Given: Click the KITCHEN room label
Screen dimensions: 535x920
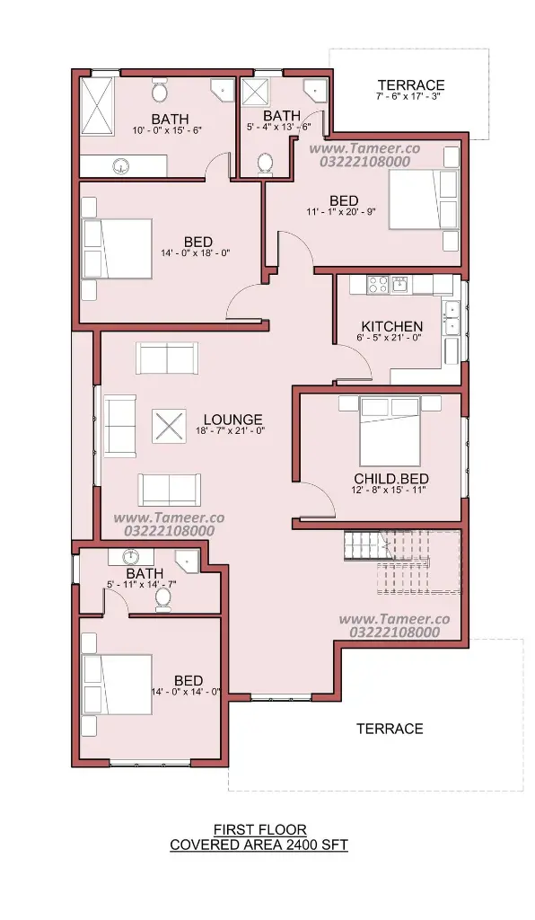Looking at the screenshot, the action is click(392, 326).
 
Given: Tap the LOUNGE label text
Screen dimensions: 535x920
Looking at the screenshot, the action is click(232, 420).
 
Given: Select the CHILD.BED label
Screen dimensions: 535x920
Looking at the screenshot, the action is click(390, 479).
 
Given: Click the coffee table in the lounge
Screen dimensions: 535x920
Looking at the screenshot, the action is click(169, 426).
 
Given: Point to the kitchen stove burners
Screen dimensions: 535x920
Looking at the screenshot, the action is click(377, 285).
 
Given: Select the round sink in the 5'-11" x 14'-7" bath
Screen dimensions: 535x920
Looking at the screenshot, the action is click(130, 556).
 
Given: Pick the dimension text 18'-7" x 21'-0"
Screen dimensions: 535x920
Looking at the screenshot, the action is click(231, 430).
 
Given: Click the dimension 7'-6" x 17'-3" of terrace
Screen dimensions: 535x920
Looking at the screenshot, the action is click(408, 95).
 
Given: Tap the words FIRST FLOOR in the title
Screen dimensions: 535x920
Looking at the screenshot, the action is click(259, 829).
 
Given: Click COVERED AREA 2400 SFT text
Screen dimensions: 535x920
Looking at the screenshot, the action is click(259, 845).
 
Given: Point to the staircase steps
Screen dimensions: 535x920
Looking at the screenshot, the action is click(402, 562).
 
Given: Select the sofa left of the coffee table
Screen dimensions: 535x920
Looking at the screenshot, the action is click(120, 426).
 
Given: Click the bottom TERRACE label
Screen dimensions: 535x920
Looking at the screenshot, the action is click(390, 729).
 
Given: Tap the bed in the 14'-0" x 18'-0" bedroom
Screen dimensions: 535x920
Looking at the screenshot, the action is click(118, 249).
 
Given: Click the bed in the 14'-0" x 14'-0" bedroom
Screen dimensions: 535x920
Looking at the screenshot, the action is click(118, 685).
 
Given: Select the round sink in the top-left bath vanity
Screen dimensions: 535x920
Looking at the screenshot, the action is click(121, 166).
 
